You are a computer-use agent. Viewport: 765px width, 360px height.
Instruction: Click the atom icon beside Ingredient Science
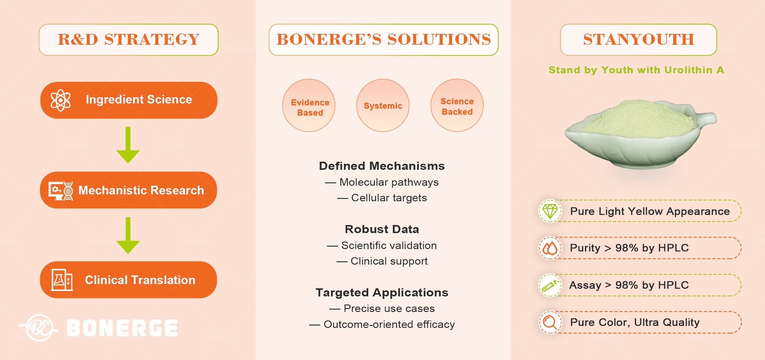pyautogui.click(x=61, y=100)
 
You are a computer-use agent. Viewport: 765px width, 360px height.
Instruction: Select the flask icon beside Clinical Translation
pyautogui.click(x=62, y=280)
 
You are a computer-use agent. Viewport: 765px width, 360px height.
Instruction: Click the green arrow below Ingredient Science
pyautogui.click(x=128, y=145)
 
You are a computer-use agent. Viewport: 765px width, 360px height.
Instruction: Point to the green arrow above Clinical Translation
pyautogui.click(x=128, y=235)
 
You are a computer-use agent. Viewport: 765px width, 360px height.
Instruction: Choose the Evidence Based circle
pyautogui.click(x=309, y=105)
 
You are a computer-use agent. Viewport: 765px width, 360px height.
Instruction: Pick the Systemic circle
pyautogui.click(x=383, y=105)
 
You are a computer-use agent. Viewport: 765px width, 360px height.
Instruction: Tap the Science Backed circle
pyautogui.click(x=457, y=105)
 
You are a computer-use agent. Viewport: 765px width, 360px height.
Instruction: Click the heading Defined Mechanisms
pyautogui.click(x=382, y=166)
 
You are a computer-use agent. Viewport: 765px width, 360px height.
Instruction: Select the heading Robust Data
pyautogui.click(x=382, y=229)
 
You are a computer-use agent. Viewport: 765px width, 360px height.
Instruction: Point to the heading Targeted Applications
pyautogui.click(x=382, y=292)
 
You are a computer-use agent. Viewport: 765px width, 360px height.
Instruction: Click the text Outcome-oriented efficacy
pyautogui.click(x=389, y=324)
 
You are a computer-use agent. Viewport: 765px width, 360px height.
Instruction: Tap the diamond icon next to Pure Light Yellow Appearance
pyautogui.click(x=550, y=211)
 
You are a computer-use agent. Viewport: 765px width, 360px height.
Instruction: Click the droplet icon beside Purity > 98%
pyautogui.click(x=550, y=248)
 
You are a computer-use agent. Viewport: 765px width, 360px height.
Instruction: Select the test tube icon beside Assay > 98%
pyautogui.click(x=550, y=285)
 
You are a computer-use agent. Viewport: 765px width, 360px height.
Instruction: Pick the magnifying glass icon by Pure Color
pyautogui.click(x=550, y=322)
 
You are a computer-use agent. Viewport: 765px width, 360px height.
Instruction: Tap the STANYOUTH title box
pyautogui.click(x=638, y=40)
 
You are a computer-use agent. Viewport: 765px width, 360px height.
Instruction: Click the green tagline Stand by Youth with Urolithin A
pyautogui.click(x=636, y=70)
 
